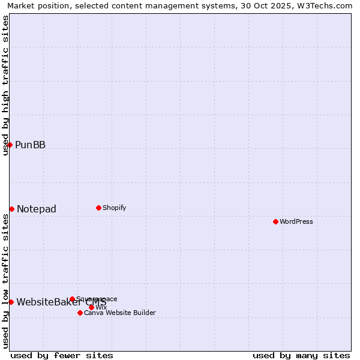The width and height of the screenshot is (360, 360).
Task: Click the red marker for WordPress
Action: pos(275,221)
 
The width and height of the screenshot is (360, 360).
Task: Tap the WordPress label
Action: pos(296,221)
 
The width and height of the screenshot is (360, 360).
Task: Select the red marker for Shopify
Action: pos(98,208)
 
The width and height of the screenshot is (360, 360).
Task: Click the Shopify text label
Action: pos(114,208)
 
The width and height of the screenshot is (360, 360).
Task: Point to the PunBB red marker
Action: pos(10,145)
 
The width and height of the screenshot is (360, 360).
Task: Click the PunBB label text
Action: pos(30,145)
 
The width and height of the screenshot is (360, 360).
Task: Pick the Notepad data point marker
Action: pos(11,209)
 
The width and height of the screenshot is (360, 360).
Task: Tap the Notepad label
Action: pos(37,209)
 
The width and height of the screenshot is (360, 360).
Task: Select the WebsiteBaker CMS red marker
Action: pos(11,302)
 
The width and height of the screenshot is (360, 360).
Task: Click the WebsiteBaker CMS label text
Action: pos(61,302)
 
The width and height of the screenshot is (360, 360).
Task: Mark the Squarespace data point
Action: pos(72,299)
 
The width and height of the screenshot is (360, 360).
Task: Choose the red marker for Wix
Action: pos(91,307)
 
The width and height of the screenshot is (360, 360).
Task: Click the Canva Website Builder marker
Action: pos(80,313)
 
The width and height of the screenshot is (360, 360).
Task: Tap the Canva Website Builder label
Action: pos(120,313)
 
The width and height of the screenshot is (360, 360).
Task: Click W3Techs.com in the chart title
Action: pos(325,5)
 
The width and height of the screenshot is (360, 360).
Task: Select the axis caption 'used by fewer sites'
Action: pos(62,355)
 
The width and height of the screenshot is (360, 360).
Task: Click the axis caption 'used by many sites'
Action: pos(301,355)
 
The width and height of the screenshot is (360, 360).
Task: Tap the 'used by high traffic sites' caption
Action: pos(5,85)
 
